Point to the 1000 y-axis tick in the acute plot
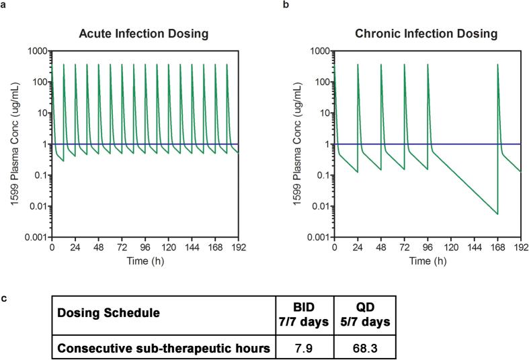point(34,51)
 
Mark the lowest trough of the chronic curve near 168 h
point(497,214)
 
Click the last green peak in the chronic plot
point(497,65)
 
